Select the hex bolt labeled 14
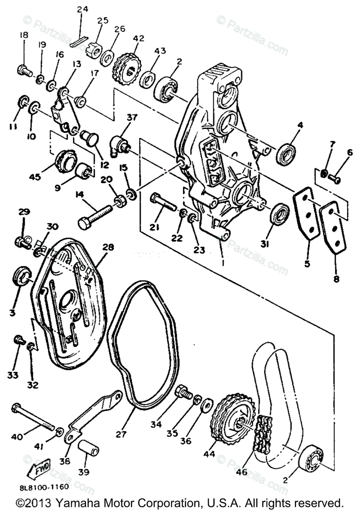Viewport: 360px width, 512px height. point(96,213)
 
